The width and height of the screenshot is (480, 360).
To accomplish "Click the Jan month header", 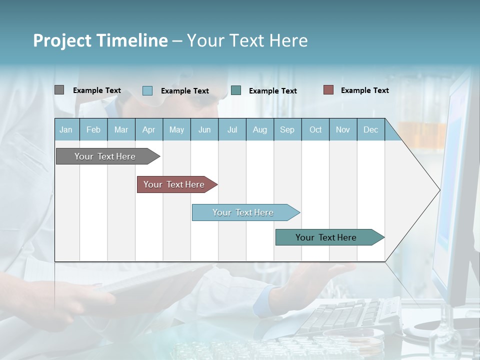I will [x=66, y=130].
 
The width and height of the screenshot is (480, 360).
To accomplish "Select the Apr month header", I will [x=149, y=130].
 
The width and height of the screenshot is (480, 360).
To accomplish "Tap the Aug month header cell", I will [x=259, y=130].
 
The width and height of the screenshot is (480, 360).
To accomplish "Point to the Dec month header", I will [x=370, y=130].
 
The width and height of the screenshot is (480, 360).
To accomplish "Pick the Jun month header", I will [x=204, y=130].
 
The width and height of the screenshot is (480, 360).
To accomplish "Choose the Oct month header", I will [x=315, y=130].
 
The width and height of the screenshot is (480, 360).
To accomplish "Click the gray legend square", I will [x=59, y=90].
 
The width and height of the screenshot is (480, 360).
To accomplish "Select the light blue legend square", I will [x=147, y=90].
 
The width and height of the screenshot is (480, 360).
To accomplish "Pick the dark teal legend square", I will [x=236, y=90].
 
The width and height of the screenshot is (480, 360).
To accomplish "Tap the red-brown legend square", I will [x=328, y=90].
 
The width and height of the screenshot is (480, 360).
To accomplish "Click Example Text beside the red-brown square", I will [x=364, y=90].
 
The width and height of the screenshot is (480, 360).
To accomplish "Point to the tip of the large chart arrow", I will [x=438, y=190].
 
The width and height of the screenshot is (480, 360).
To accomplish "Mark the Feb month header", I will [x=93, y=130].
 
